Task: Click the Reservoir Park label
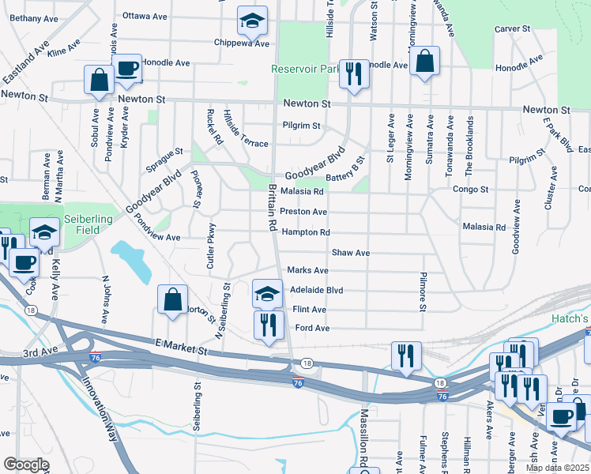click(304, 69)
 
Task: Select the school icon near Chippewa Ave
click(252, 21)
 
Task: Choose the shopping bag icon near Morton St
click(172, 300)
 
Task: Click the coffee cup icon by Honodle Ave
click(126, 69)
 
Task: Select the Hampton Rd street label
click(305, 232)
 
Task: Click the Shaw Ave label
click(351, 253)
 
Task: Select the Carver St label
click(512, 28)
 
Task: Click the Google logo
click(25, 465)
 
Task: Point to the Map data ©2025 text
click(556, 468)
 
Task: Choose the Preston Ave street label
click(303, 212)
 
